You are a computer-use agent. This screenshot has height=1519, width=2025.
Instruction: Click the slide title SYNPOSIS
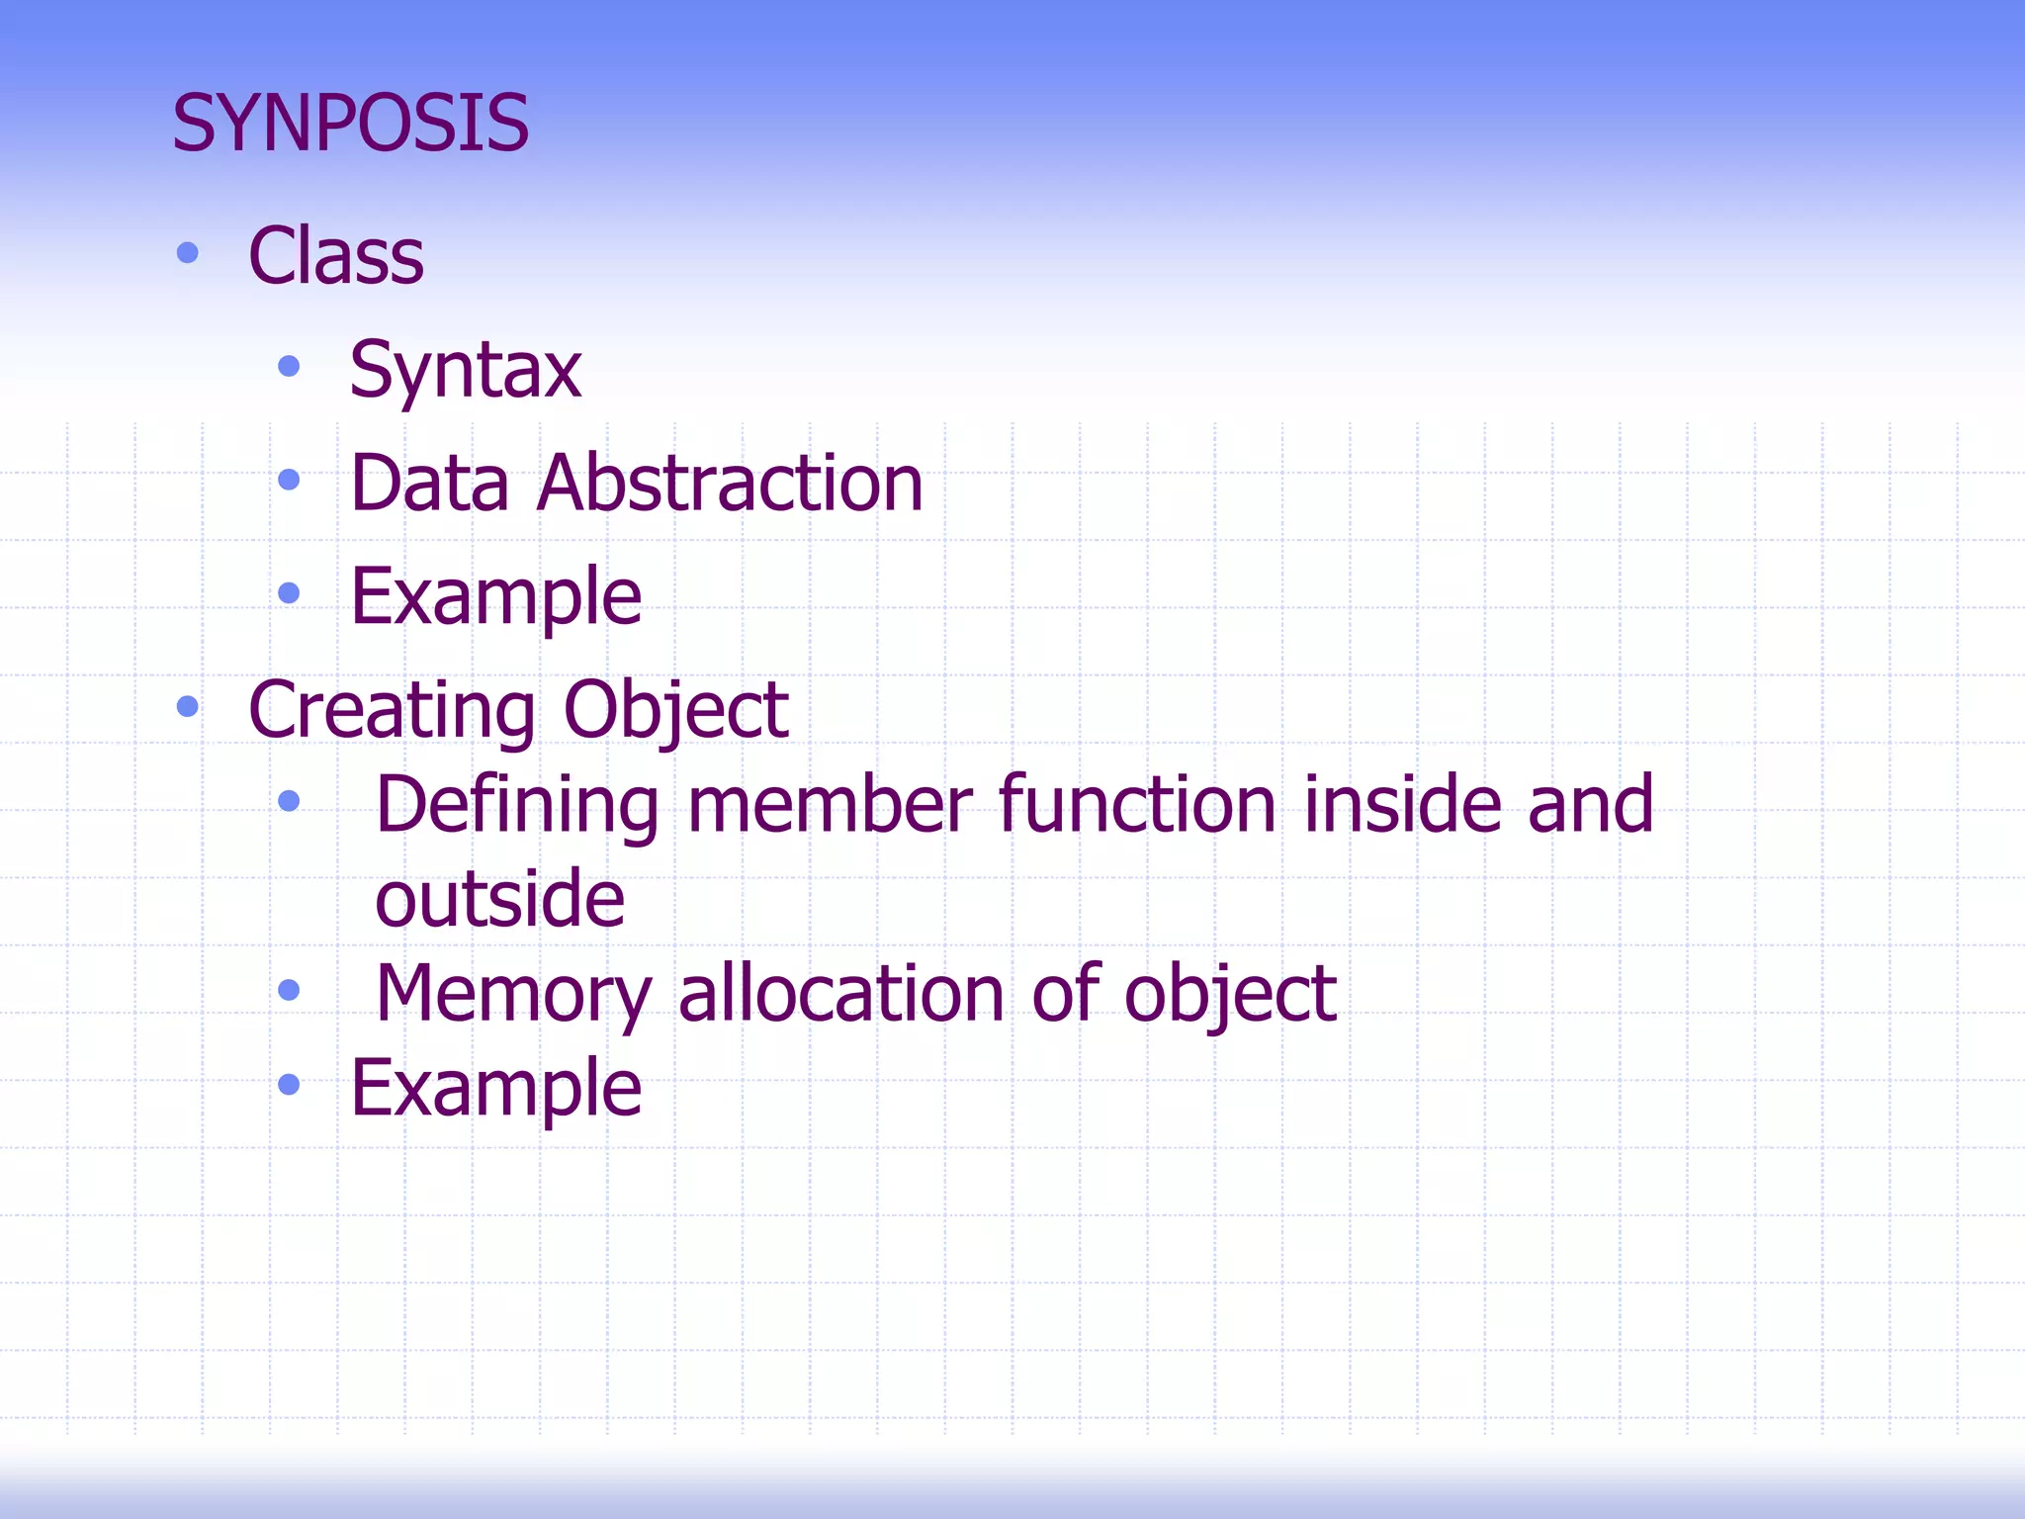click(351, 124)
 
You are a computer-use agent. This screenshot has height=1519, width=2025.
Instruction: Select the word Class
click(336, 256)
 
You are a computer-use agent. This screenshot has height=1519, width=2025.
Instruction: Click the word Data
click(430, 483)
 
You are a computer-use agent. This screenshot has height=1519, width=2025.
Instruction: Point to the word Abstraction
click(730, 483)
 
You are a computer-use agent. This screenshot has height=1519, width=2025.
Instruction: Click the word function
click(1137, 805)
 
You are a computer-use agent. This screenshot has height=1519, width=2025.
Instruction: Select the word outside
click(500, 899)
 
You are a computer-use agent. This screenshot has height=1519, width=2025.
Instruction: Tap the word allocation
click(841, 993)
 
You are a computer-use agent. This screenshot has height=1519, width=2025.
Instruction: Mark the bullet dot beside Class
click(187, 254)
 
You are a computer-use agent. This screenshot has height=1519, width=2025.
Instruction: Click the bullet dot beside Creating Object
click(187, 706)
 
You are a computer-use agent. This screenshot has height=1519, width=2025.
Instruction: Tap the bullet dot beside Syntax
click(289, 367)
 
